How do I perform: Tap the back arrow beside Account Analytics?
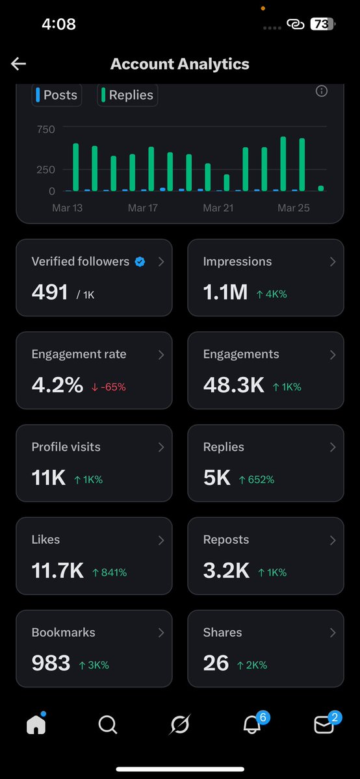18,64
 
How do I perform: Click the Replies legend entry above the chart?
128,95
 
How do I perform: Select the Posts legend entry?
57,95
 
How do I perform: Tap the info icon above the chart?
321,92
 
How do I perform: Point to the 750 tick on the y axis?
46,129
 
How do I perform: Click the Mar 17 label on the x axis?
143,208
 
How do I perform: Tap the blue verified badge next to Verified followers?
140,262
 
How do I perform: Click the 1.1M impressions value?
225,292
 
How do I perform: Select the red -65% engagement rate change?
109,387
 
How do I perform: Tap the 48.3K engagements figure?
233,385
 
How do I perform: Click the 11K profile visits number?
48,478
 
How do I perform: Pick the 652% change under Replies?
256,479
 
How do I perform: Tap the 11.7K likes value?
57,571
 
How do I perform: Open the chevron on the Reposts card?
333,540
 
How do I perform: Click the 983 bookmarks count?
51,663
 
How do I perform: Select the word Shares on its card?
222,632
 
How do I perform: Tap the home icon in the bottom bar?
36,724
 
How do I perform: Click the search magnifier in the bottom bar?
108,724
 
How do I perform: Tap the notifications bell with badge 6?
252,724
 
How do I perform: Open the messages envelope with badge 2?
324,724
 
